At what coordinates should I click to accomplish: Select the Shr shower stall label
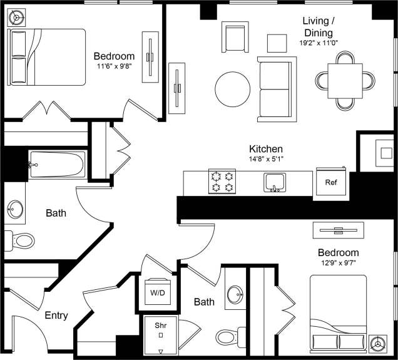161,324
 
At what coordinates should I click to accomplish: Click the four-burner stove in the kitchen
222,182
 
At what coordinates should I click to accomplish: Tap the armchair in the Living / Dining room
237,39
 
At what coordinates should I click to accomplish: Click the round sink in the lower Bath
235,294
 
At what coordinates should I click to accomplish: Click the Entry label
56,316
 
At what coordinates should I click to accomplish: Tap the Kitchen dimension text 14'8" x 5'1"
266,160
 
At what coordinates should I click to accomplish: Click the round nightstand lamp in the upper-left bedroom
16,17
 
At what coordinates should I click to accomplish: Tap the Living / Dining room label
318,26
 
